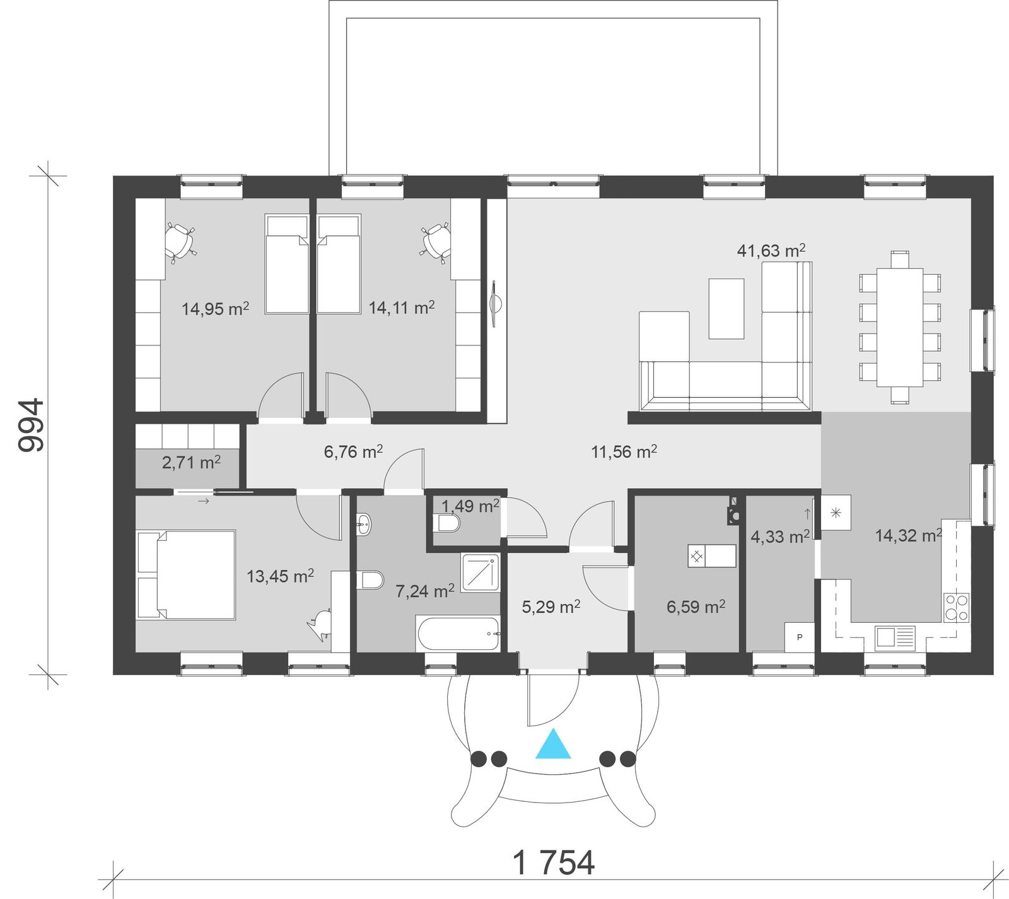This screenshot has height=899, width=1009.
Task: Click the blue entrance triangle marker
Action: [x=553, y=744]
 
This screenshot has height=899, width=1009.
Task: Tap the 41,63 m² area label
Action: [x=771, y=251]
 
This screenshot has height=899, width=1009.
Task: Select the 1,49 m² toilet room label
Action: [x=470, y=506]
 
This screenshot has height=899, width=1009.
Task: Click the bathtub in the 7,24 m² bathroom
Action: [x=458, y=634]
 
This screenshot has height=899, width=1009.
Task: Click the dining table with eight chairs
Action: [x=900, y=327]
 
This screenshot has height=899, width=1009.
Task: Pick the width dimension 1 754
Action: [x=554, y=863]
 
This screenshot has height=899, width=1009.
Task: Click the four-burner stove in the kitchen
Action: [x=956, y=608]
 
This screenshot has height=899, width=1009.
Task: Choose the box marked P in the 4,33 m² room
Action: [x=800, y=637]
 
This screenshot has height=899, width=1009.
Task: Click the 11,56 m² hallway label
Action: [x=624, y=451]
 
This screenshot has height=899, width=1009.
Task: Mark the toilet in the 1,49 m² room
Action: [x=448, y=523]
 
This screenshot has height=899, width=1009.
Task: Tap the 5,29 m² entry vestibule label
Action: [x=551, y=607]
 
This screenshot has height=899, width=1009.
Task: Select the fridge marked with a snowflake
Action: [x=836, y=513]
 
